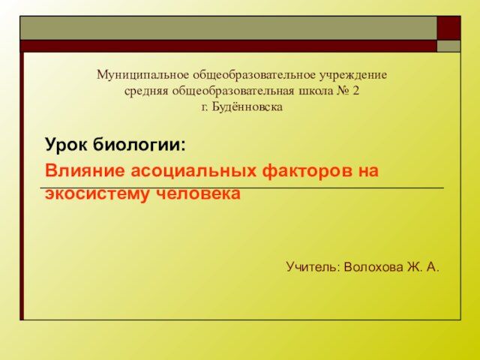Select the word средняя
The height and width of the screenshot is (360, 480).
[146, 91]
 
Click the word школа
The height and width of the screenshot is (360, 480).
[313, 91]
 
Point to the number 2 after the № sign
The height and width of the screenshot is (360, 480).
[355, 91]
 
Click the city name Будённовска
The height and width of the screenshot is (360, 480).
[247, 106]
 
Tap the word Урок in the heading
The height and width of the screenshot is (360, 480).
[67, 145]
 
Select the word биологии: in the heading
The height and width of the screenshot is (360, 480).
[139, 144]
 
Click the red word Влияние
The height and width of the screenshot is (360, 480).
[85, 170]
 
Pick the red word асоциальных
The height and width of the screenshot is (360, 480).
[193, 170]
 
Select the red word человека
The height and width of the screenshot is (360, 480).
[198, 193]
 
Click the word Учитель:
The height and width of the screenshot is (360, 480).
[313, 267]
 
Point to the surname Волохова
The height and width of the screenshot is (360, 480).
[373, 267]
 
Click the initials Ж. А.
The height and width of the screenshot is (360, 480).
[423, 267]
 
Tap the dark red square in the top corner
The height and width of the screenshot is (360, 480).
[448, 28]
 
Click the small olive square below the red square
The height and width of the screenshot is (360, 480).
[448, 46]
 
